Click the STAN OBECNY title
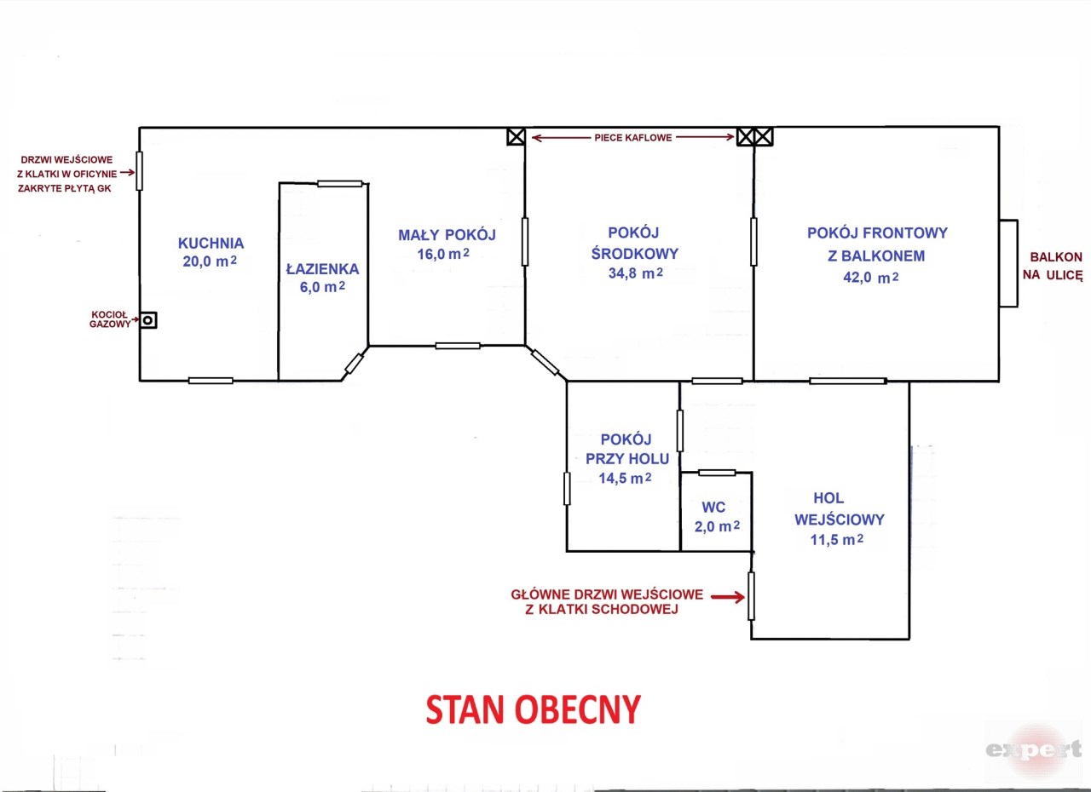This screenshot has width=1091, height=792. (534, 709)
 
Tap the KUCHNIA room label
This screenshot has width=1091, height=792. (211, 244)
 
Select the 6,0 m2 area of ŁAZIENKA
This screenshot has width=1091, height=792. (322, 287)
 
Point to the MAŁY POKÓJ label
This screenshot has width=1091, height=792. (447, 235)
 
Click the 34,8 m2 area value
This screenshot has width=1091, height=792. (636, 273)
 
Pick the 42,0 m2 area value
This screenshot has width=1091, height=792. (871, 278)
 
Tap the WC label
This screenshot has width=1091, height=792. (713, 508)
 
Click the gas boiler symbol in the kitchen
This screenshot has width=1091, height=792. (148, 320)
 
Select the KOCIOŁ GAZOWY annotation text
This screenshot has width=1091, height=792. (110, 319)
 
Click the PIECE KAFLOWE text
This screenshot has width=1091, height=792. (633, 138)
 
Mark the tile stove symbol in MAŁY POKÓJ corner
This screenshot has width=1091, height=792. (517, 137)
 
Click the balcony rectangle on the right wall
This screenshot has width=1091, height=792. (1008, 263)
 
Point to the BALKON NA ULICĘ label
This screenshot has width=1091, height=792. (1053, 266)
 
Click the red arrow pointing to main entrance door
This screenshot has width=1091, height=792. (728, 596)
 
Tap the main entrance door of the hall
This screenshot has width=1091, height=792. (751, 596)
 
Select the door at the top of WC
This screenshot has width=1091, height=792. (717, 473)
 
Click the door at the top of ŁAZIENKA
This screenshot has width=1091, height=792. (339, 184)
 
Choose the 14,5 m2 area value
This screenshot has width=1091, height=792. (625, 479)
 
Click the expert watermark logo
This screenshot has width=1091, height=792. (1034, 749)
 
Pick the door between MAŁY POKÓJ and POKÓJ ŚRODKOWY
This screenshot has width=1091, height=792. (524, 242)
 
